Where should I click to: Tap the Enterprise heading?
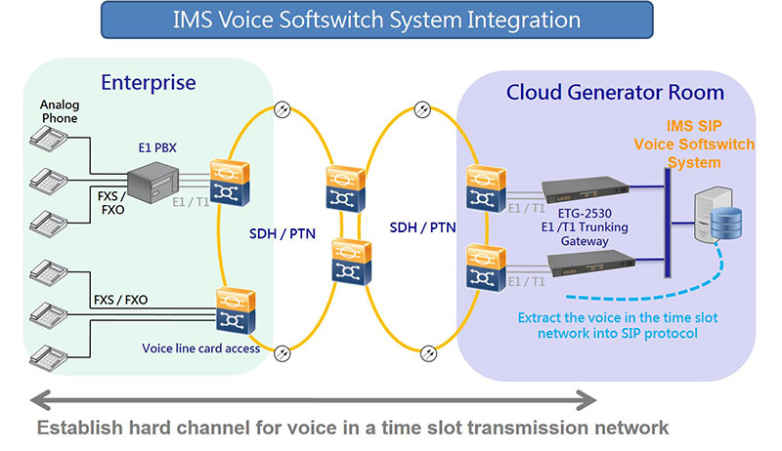[148, 82]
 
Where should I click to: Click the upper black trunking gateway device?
[584, 189]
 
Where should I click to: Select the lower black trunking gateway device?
[584, 261]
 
